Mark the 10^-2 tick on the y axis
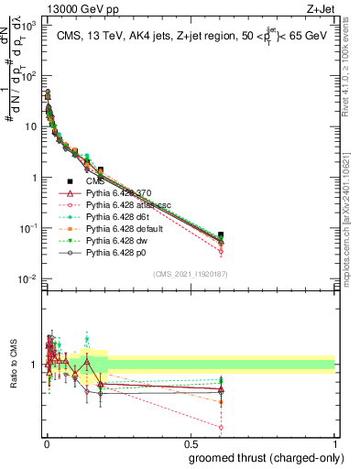click(27, 278)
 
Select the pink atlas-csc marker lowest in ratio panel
click(221, 427)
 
